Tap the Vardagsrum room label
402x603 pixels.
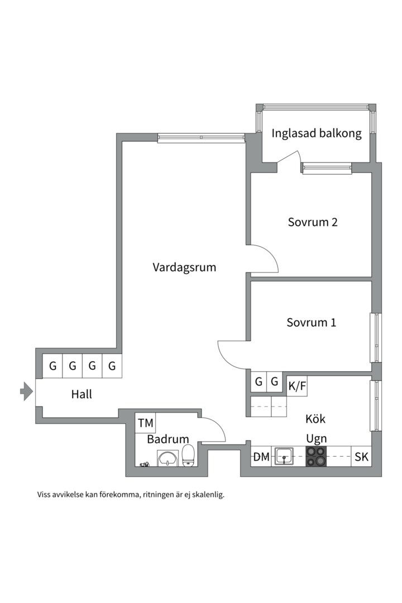pyautogui.click(x=184, y=267)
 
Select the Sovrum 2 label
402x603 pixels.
pyautogui.click(x=313, y=222)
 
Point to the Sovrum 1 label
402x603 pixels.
pyautogui.click(x=311, y=323)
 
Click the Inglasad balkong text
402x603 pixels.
pyautogui.click(x=317, y=133)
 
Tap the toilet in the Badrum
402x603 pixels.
pyautogui.click(x=188, y=455)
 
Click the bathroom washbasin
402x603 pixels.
pyautogui.click(x=167, y=459)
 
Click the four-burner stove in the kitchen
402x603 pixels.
pyautogui.click(x=316, y=457)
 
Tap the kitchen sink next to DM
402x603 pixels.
pyautogui.click(x=284, y=457)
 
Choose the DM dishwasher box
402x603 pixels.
pyautogui.click(x=261, y=457)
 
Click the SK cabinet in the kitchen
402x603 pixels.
pyautogui.click(x=361, y=457)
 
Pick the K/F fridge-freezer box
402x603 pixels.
pyautogui.click(x=297, y=385)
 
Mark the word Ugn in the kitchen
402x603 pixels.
pyautogui.click(x=316, y=438)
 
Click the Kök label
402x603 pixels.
pyautogui.click(x=315, y=419)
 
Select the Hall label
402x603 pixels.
pyautogui.click(x=82, y=394)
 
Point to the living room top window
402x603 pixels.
pyautogui.click(x=201, y=137)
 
